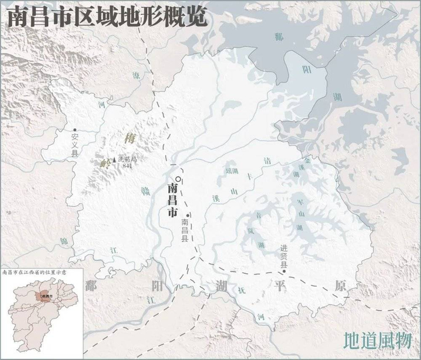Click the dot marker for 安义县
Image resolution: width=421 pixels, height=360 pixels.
coord(75,130)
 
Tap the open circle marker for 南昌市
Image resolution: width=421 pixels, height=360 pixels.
coord(179,179)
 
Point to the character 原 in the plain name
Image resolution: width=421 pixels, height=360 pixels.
coord(341,286)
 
